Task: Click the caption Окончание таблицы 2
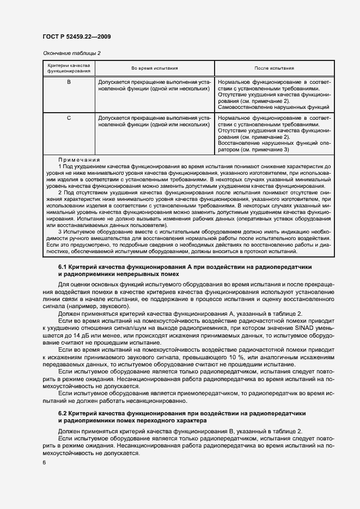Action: tap(71, 53)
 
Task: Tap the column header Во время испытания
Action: tap(155, 68)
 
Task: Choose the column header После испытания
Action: tap(274, 68)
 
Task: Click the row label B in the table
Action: tap(69, 82)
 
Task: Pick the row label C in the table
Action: tap(69, 118)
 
